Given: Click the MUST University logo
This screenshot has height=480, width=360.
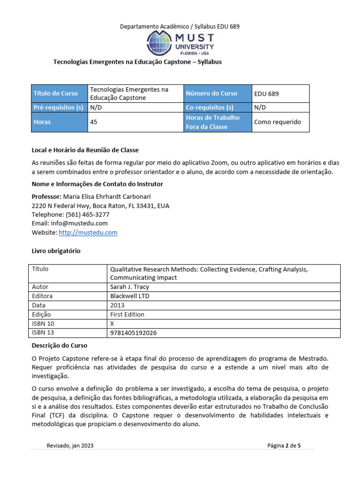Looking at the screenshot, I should (x=180, y=44).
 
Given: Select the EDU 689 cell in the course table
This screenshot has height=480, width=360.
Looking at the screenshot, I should (x=266, y=94).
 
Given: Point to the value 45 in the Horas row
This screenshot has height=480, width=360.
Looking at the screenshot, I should (x=93, y=122).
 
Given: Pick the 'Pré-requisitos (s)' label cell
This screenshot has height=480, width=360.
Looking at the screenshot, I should (x=58, y=107).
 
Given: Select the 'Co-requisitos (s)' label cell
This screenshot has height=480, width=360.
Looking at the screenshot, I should (x=209, y=107).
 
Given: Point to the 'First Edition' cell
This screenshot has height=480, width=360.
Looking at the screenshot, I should (x=127, y=315).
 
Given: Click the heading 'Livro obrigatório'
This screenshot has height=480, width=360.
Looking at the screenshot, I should (x=56, y=251).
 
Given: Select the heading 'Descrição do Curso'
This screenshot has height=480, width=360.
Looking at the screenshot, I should (x=59, y=345).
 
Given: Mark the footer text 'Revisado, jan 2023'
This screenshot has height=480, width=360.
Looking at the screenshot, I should (x=69, y=446).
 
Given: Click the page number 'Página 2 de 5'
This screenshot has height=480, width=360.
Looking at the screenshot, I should (x=284, y=446).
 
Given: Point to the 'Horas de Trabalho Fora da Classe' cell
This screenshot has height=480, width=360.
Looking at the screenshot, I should (x=212, y=122).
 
